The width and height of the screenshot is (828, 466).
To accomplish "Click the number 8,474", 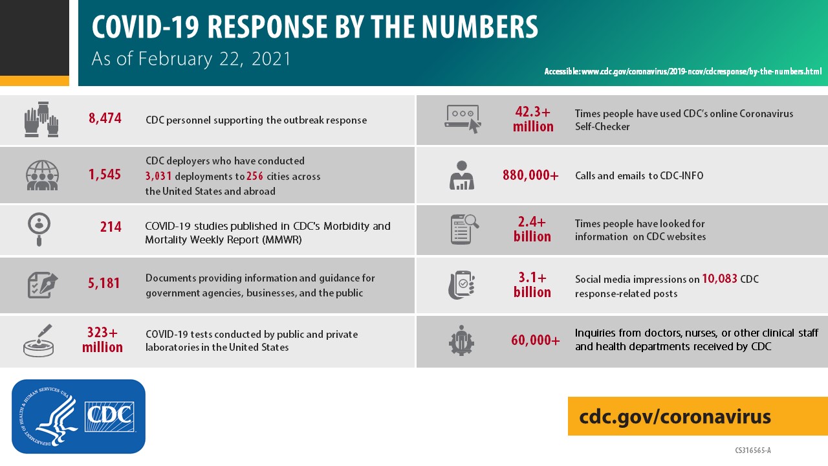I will click(x=105, y=119).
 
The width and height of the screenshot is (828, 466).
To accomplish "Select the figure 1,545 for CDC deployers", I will click(x=105, y=174).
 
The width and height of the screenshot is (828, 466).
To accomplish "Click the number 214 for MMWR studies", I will click(x=111, y=227).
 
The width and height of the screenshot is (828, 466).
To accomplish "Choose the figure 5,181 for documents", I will click(x=104, y=283).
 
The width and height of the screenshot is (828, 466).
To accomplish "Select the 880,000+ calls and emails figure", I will click(x=530, y=175).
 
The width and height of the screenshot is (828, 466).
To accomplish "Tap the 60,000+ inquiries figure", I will click(x=536, y=340).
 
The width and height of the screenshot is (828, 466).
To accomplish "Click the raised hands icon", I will click(x=42, y=119).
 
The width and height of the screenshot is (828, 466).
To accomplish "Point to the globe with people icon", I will click(x=42, y=175).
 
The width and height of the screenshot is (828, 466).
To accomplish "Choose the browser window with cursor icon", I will click(x=463, y=119).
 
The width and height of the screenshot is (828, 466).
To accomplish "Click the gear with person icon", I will click(x=461, y=340).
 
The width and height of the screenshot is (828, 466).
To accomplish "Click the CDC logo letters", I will click(x=109, y=416).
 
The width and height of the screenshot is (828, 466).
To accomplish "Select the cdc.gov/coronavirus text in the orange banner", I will click(x=675, y=416).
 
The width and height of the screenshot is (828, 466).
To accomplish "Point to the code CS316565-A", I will click(x=753, y=450).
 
